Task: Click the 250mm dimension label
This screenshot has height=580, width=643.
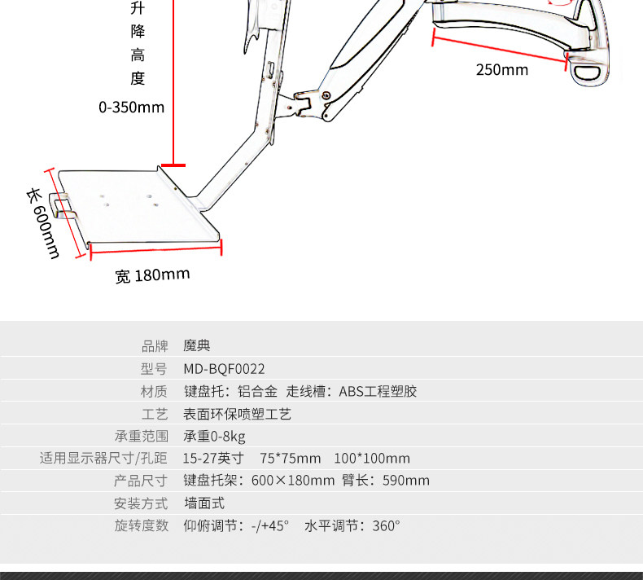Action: [x=501, y=70]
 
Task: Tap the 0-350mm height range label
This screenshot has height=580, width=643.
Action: [x=131, y=107]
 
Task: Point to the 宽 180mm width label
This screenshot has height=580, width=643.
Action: [x=152, y=275]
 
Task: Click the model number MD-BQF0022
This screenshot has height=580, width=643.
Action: [x=224, y=369]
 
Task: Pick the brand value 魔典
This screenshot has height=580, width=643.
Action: [x=196, y=346]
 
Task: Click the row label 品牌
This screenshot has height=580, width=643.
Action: [x=155, y=346]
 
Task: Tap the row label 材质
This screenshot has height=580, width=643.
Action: [x=155, y=391]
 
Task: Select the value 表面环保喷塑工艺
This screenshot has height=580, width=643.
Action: [x=238, y=414]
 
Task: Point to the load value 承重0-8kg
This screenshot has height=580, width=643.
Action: [x=214, y=436]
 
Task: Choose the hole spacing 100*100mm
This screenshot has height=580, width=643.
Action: [x=372, y=459]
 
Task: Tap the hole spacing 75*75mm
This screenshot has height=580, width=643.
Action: [x=291, y=459]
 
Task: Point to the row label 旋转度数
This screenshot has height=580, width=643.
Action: [x=141, y=525]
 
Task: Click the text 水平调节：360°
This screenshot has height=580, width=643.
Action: [x=352, y=525]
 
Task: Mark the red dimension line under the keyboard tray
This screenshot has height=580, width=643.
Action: [x=155, y=248]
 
